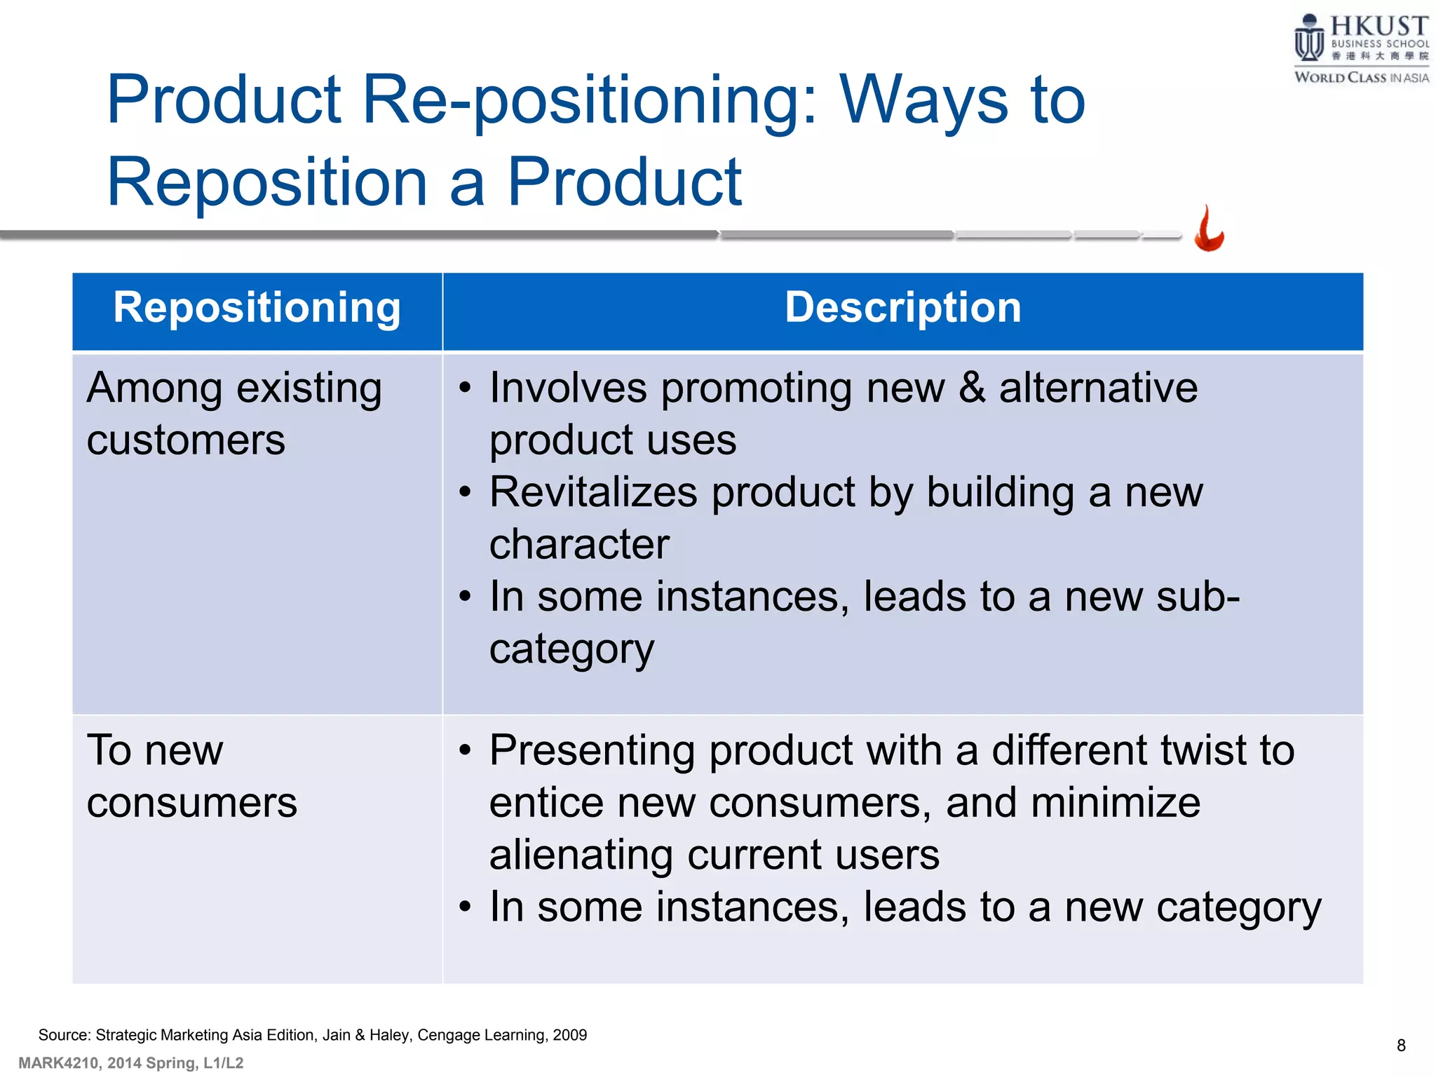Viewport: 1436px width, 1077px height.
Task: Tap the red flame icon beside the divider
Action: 1209,229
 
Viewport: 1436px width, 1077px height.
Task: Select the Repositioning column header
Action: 257,308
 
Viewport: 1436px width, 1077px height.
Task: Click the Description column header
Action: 902,308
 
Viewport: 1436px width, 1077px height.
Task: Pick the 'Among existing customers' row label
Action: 233,414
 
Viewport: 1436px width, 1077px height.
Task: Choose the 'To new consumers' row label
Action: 191,775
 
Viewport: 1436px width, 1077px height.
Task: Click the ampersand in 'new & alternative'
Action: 971,388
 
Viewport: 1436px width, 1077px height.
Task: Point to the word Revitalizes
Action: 592,492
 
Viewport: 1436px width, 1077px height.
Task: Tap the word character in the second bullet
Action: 579,544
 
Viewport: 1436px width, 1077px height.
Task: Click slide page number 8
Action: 1401,1045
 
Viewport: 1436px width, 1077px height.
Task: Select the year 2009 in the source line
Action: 569,1035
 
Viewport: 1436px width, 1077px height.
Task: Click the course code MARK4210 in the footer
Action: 58,1063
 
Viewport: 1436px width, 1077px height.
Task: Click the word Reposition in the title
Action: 266,182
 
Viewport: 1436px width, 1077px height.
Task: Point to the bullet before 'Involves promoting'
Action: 465,389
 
